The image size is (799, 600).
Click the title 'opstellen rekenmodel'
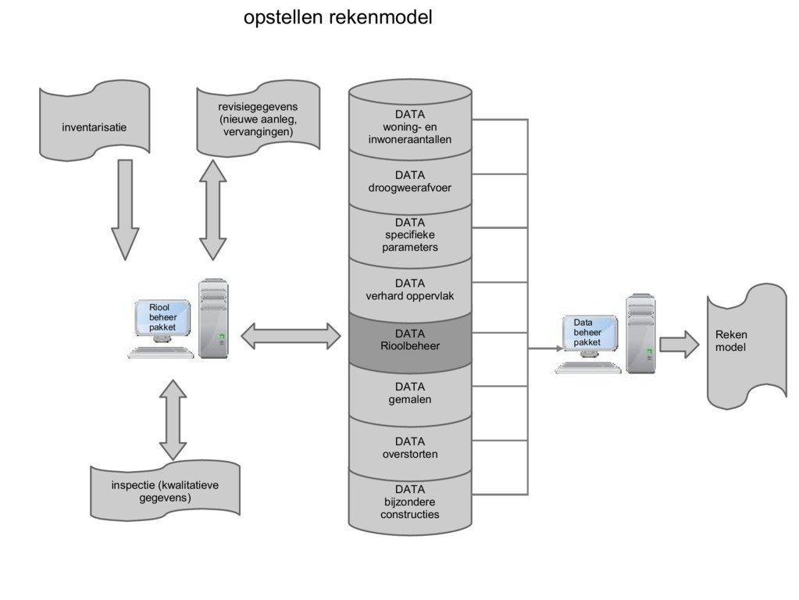pyautogui.click(x=337, y=17)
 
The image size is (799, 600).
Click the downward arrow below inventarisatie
pyautogui.click(x=124, y=209)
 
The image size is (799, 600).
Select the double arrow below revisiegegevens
pyautogui.click(x=212, y=209)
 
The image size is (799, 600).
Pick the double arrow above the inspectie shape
pyautogui.click(x=173, y=420)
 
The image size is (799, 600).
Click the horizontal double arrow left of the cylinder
pyautogui.click(x=291, y=337)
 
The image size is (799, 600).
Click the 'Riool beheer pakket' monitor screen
pyautogui.click(x=163, y=318)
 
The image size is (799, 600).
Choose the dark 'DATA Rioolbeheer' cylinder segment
pyautogui.click(x=410, y=341)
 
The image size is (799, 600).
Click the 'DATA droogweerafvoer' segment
pyautogui.click(x=410, y=182)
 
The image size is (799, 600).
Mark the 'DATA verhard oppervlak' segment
pyautogui.click(x=410, y=290)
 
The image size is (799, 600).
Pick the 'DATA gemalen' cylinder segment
pyautogui.click(x=410, y=393)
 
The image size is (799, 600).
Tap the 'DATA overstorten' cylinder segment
pyautogui.click(x=410, y=448)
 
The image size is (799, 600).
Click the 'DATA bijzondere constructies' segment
pyautogui.click(x=410, y=502)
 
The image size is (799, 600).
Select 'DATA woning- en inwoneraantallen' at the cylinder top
pyautogui.click(x=410, y=127)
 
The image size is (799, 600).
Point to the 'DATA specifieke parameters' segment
pyautogui.click(x=410, y=235)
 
